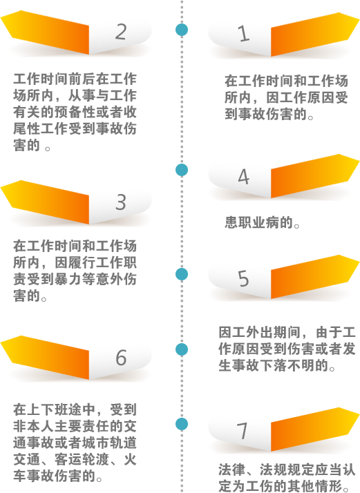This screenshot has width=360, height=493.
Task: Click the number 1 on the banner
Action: coord(243,34)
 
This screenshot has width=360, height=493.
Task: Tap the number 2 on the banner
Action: coord(121,32)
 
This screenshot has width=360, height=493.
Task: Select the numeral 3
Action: coord(121,202)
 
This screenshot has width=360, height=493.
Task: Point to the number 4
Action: coord(243,176)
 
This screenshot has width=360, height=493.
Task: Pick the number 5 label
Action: coord(243,278)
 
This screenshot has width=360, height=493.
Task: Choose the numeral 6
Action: coord(121,358)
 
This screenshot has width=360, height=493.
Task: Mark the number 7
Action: coord(243,431)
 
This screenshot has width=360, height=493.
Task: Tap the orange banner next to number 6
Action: coord(45,357)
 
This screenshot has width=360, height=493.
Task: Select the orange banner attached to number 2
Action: coord(45,32)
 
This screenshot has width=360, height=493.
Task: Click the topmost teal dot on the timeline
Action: coord(182,30)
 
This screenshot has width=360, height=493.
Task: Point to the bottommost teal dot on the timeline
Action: coord(182,424)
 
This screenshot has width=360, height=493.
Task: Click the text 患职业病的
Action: coord(258,222)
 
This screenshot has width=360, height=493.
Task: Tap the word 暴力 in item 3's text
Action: coord(68,279)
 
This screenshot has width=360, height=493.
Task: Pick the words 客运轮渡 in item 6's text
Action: coord(82,459)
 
